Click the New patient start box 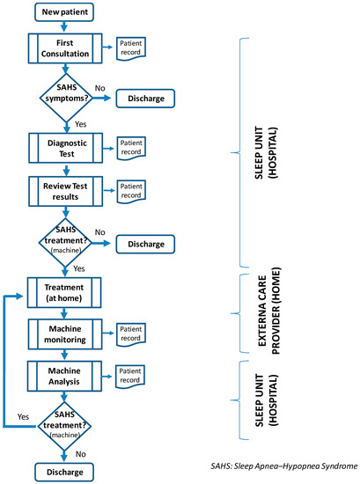67,13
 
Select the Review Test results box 67,190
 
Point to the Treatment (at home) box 67,292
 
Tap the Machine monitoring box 67,334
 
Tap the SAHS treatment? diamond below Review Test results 67,238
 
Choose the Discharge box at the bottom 67,472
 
